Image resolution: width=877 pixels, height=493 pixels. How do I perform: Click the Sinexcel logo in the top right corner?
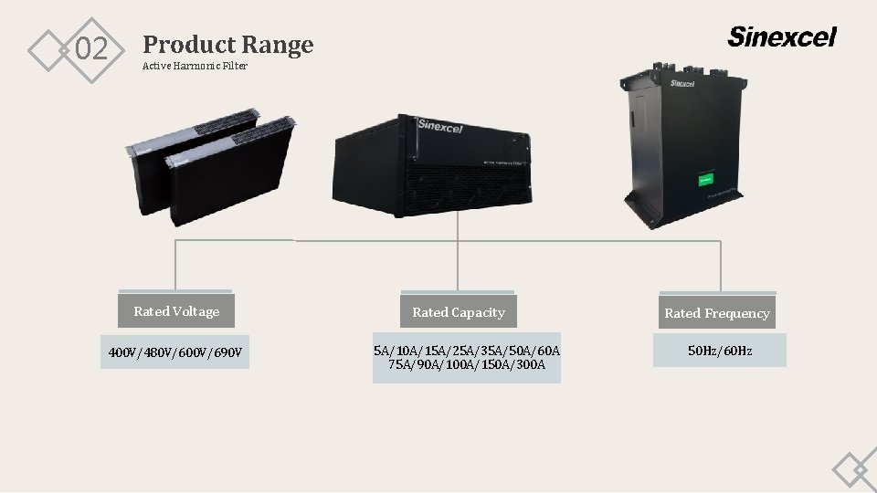pos(781,37)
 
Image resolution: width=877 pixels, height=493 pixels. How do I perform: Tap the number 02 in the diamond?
pos(90,49)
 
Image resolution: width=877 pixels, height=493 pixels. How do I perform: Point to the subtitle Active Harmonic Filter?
pos(195,66)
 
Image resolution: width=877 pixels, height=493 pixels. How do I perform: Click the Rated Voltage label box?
pos(176,311)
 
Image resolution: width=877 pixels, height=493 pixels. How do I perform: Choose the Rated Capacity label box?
pos(458,312)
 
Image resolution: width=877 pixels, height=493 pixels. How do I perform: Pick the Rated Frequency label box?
pos(717,313)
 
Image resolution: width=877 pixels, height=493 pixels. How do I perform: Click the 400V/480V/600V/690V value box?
pos(176,352)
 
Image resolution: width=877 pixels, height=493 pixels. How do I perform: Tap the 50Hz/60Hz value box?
pos(720,351)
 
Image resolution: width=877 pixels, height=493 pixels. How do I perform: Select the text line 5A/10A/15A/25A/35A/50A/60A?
pos(467,351)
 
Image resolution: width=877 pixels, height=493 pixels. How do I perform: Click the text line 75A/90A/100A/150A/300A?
pos(467,365)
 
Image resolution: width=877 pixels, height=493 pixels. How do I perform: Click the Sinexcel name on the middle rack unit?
pos(440,124)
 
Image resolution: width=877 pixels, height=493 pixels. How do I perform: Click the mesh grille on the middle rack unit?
pos(457,187)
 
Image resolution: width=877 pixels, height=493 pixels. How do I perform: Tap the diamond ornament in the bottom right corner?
pos(855,470)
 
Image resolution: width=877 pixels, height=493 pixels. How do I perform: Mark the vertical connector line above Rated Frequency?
pos(721,267)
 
